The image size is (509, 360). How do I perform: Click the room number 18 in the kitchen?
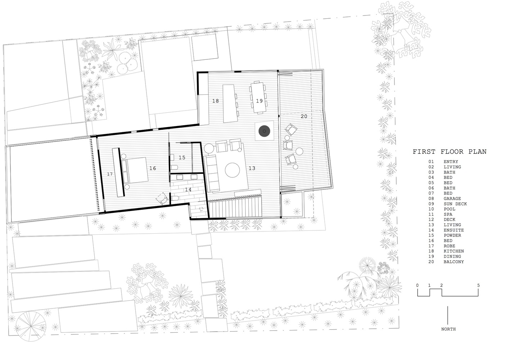(x=215, y=101)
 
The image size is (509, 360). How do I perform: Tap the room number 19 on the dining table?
(x=259, y=101)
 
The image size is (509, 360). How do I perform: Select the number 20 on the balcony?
(x=304, y=116)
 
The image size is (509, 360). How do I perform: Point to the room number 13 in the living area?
(x=252, y=168)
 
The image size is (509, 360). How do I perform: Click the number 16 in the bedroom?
(x=153, y=168)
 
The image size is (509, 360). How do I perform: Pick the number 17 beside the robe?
(x=110, y=174)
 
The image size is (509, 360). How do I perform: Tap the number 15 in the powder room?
(x=182, y=158)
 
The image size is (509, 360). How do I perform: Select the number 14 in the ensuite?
(x=188, y=190)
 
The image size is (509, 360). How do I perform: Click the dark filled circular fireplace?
(x=264, y=131)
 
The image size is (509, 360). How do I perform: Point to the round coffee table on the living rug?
(x=232, y=170)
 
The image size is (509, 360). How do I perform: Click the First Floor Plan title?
(x=450, y=152)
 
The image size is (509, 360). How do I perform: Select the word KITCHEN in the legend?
(x=454, y=251)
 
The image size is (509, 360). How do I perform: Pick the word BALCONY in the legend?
(x=454, y=262)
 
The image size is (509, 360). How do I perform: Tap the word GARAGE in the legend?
(x=452, y=199)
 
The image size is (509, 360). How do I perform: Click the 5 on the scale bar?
(x=478, y=285)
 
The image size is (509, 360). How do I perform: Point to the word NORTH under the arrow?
(x=448, y=329)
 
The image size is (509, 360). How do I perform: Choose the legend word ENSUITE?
(x=454, y=230)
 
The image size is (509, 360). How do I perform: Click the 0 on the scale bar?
(x=418, y=285)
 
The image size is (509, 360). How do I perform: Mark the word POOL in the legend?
(x=450, y=209)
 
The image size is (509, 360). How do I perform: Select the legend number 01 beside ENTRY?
(x=431, y=162)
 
